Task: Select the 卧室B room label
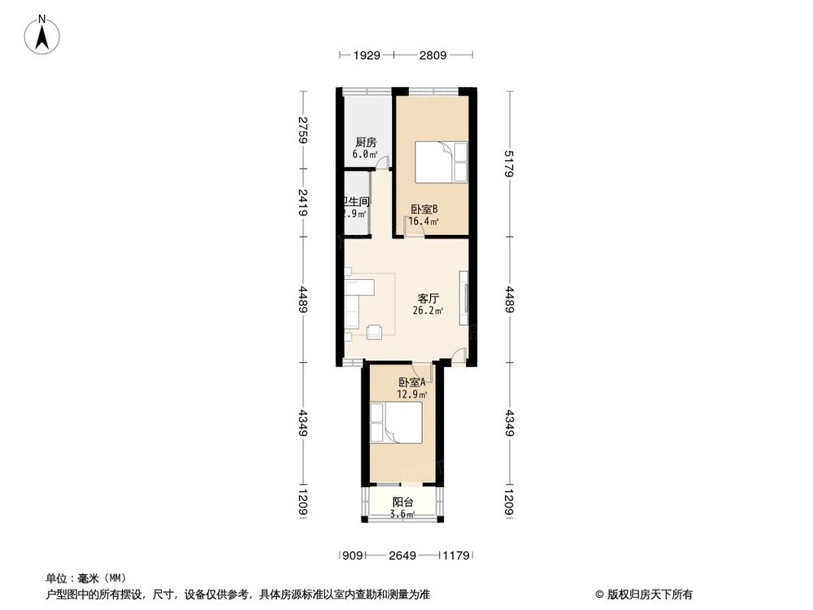(x=424, y=208)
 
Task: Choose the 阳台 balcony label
(x=402, y=502)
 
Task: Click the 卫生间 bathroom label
(x=356, y=202)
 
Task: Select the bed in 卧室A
(x=396, y=422)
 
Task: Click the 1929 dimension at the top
(x=367, y=55)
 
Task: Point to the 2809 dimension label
(x=433, y=55)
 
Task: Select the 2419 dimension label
(x=302, y=202)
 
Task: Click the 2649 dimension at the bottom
(x=402, y=556)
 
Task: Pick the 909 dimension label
(x=351, y=556)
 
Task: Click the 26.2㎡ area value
(x=428, y=311)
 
